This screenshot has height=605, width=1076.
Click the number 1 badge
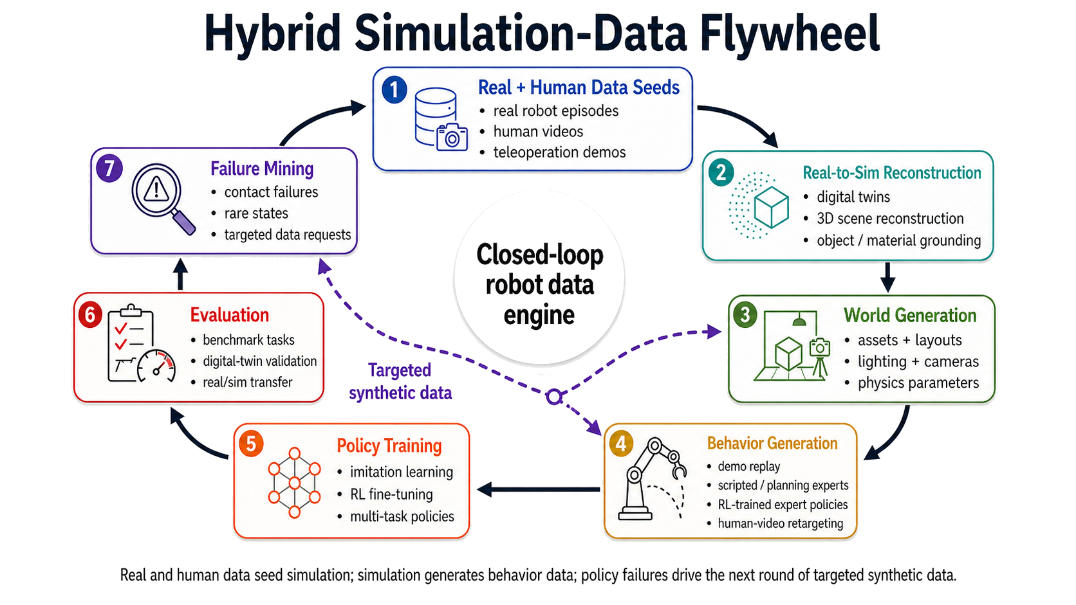tap(394, 90)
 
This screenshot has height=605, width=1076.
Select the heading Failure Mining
tap(262, 168)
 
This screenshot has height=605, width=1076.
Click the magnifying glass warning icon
tap(162, 197)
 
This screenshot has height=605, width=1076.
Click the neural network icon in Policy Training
tap(294, 482)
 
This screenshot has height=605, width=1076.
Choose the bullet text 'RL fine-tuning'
tap(391, 494)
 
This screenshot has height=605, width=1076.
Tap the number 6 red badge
tap(90, 315)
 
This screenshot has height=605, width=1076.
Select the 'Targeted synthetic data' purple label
tap(400, 381)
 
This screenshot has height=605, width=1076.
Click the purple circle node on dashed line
tap(553, 397)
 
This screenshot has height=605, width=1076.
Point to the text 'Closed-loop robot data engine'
tap(539, 284)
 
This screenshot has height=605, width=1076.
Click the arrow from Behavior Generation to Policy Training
tap(538, 490)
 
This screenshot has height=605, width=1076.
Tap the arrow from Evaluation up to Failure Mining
tap(181, 275)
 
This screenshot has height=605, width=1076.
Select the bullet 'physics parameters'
tap(918, 383)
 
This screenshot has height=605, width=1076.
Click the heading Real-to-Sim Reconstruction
tap(891, 173)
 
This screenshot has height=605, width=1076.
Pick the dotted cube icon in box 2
tap(760, 206)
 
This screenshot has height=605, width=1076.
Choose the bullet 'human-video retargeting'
tap(780, 523)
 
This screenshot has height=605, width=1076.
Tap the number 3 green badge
tap(745, 314)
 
